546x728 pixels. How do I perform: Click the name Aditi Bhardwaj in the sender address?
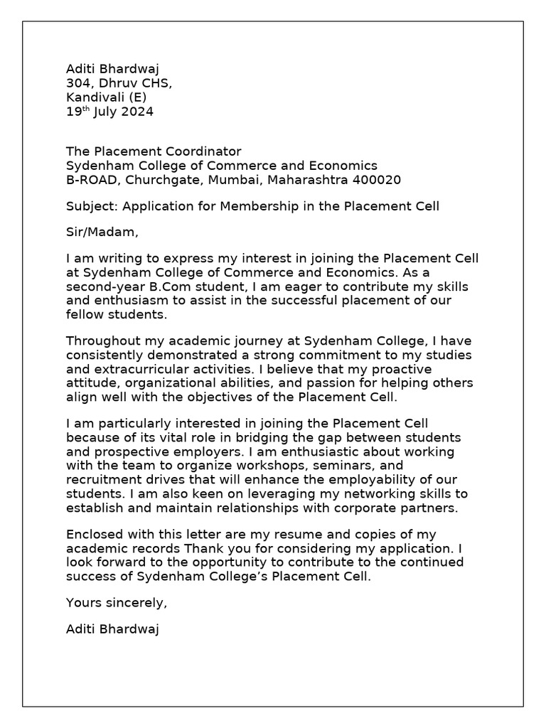pos(112,69)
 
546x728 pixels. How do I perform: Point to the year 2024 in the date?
pos(138,112)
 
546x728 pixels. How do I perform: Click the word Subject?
pos(91,206)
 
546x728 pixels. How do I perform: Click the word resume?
pos(303,534)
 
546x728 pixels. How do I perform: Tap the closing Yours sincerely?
pos(117,603)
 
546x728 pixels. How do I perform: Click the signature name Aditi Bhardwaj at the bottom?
pos(112,628)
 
